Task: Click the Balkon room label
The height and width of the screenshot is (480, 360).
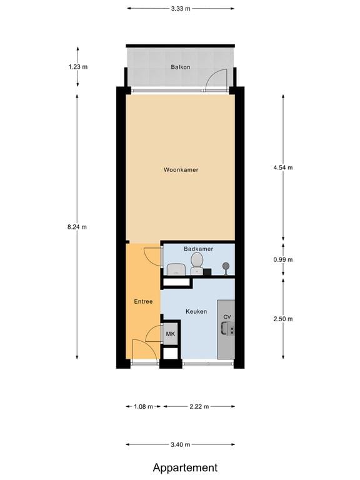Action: (181, 67)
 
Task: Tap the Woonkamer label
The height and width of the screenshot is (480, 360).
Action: (181, 170)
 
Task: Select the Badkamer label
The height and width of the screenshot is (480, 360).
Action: (198, 249)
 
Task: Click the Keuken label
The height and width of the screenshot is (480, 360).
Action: (196, 311)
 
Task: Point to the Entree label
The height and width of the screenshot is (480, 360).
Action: (143, 301)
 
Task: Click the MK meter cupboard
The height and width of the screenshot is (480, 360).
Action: (170, 334)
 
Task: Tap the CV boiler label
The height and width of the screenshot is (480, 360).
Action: (227, 317)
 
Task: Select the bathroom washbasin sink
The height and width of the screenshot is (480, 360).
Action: (176, 269)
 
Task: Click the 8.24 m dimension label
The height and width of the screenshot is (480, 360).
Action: (77, 227)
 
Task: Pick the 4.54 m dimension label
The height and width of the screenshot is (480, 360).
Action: (283, 167)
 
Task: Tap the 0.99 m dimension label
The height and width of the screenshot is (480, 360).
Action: (283, 259)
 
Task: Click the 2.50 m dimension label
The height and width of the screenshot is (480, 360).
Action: (283, 319)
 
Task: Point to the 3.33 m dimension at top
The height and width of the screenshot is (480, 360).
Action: (181, 9)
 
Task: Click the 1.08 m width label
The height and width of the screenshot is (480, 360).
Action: (143, 406)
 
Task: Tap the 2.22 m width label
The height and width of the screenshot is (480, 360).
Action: (199, 406)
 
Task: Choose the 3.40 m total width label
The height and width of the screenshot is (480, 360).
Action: (181, 444)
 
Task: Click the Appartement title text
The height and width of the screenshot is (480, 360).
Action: (186, 467)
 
